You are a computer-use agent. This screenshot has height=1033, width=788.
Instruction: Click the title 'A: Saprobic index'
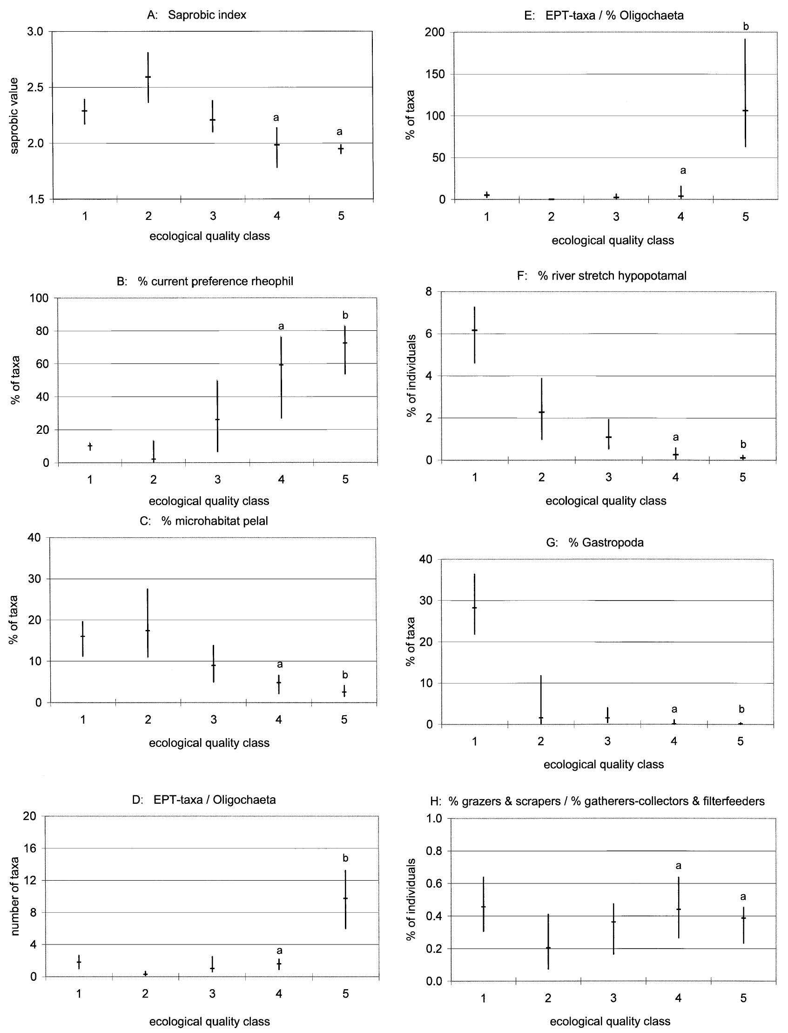coord(196,15)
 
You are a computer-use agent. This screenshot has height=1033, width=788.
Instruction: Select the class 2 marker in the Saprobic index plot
coord(148,77)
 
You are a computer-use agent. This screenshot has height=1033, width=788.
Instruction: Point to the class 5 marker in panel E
coord(745,111)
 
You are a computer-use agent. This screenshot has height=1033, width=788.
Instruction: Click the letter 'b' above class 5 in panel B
coord(345,315)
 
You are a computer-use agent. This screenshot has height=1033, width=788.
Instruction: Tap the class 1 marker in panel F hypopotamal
coord(475,330)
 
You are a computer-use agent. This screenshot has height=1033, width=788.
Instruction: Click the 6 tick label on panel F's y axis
coord(428,334)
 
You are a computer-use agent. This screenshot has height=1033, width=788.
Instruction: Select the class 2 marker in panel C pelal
coord(148,630)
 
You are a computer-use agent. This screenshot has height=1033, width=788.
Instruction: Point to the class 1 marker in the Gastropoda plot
coord(475,608)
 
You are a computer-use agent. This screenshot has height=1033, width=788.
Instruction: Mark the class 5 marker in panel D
coord(345,898)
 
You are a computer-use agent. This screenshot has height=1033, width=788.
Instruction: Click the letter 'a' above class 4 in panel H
coord(678,865)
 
